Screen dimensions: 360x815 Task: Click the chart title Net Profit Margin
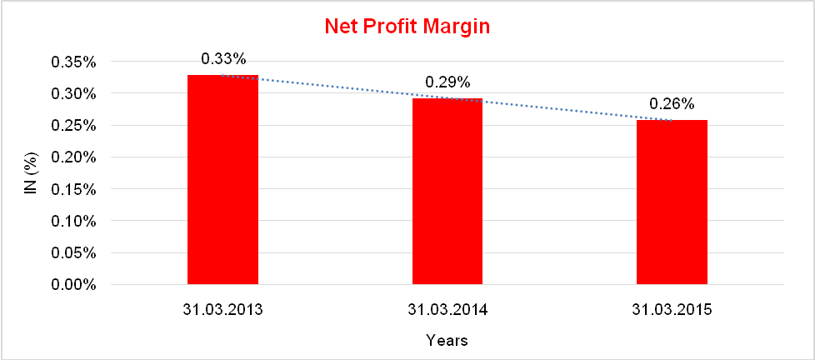[x=407, y=27]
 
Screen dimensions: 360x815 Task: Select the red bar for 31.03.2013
[x=222, y=180]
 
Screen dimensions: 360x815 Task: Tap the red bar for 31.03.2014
[x=447, y=192]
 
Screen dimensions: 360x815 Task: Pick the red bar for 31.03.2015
[x=672, y=202]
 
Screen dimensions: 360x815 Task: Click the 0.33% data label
[x=223, y=59]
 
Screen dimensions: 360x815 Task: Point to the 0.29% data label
[x=448, y=82]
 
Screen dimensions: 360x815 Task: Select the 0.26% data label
[x=672, y=105]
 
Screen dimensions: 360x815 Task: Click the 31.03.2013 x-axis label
[x=222, y=310]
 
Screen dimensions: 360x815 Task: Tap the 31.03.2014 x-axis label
[x=447, y=310]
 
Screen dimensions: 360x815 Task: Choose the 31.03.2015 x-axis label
[x=672, y=310]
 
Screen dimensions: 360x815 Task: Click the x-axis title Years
[x=447, y=340]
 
